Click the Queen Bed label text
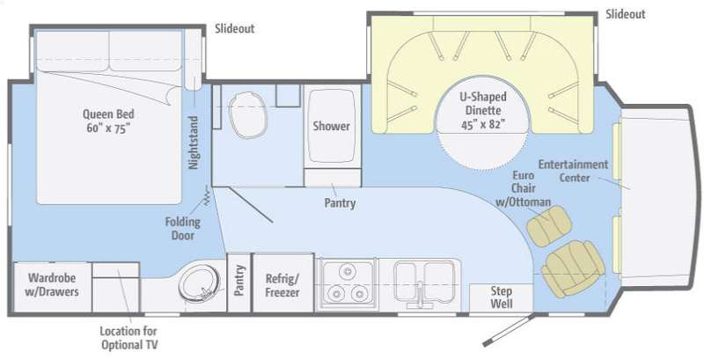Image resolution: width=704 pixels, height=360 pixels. (x=108, y=121)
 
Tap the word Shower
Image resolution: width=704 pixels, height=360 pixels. (x=332, y=126)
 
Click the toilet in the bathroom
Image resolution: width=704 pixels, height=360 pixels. (x=248, y=115)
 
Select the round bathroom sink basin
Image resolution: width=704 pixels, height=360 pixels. (x=200, y=284)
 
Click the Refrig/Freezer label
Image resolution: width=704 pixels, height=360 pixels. (x=282, y=285)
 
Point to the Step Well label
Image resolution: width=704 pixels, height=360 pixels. (x=501, y=298)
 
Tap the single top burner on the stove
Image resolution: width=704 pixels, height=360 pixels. (x=347, y=271)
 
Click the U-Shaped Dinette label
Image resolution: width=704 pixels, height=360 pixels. (x=482, y=110)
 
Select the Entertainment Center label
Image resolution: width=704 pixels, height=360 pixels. (x=574, y=171)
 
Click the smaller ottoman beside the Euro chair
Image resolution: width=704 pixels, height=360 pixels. (x=549, y=226)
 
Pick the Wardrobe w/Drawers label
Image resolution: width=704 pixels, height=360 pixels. (x=52, y=284)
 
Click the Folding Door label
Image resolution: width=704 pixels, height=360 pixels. (x=182, y=229)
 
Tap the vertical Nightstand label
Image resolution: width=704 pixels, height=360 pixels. (x=193, y=143)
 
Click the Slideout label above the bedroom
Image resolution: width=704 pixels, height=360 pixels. (x=234, y=29)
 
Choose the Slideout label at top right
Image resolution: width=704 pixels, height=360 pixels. (x=626, y=14)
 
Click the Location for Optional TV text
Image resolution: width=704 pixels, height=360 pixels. (x=128, y=339)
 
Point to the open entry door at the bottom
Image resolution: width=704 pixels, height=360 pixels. (x=509, y=330)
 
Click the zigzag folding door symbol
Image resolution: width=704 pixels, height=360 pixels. (x=207, y=195)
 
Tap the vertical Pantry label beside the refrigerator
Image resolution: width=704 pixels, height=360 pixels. (x=238, y=281)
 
